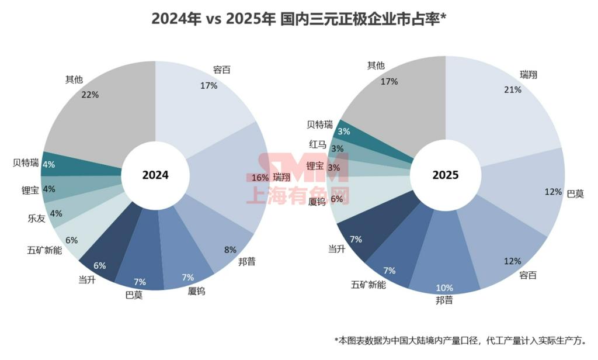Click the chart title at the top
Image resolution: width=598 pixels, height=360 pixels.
pos(299,19)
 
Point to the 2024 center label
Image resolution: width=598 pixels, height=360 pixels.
pos(155,175)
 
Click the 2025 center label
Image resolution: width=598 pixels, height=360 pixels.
pos(446,175)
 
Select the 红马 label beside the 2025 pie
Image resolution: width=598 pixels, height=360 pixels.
pos(318,144)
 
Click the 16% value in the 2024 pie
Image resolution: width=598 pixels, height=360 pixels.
pos(260,177)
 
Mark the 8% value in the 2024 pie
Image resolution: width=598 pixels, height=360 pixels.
pos(230,250)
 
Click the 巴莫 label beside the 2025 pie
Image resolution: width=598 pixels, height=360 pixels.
pos(575,193)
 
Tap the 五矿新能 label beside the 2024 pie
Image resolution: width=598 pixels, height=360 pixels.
pos(44,250)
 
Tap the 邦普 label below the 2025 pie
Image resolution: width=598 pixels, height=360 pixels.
pos(444,300)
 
